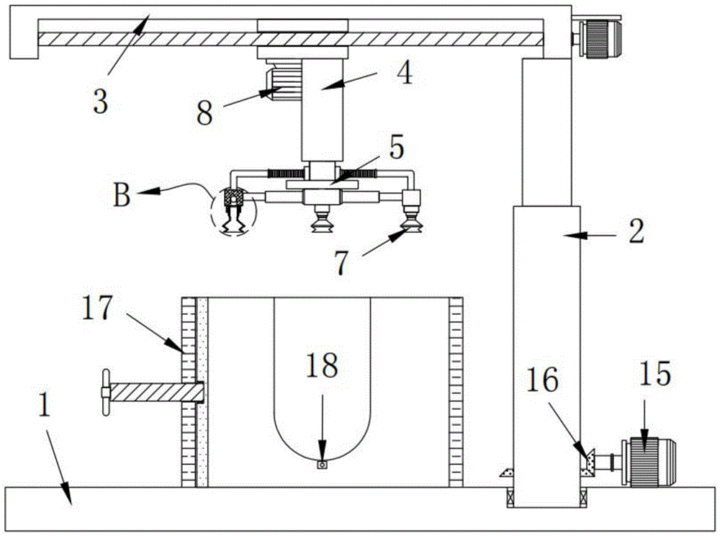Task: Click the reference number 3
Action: [x=100, y=101]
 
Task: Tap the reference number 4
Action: [x=405, y=73]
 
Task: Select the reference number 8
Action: [x=205, y=114]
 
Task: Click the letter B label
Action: [x=122, y=196]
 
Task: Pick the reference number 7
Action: [x=342, y=263]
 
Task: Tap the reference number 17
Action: [x=99, y=308]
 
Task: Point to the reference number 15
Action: [x=654, y=375]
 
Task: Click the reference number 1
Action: [x=45, y=407]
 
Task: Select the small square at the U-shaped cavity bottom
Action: [x=323, y=465]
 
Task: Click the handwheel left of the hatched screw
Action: [x=107, y=393]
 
